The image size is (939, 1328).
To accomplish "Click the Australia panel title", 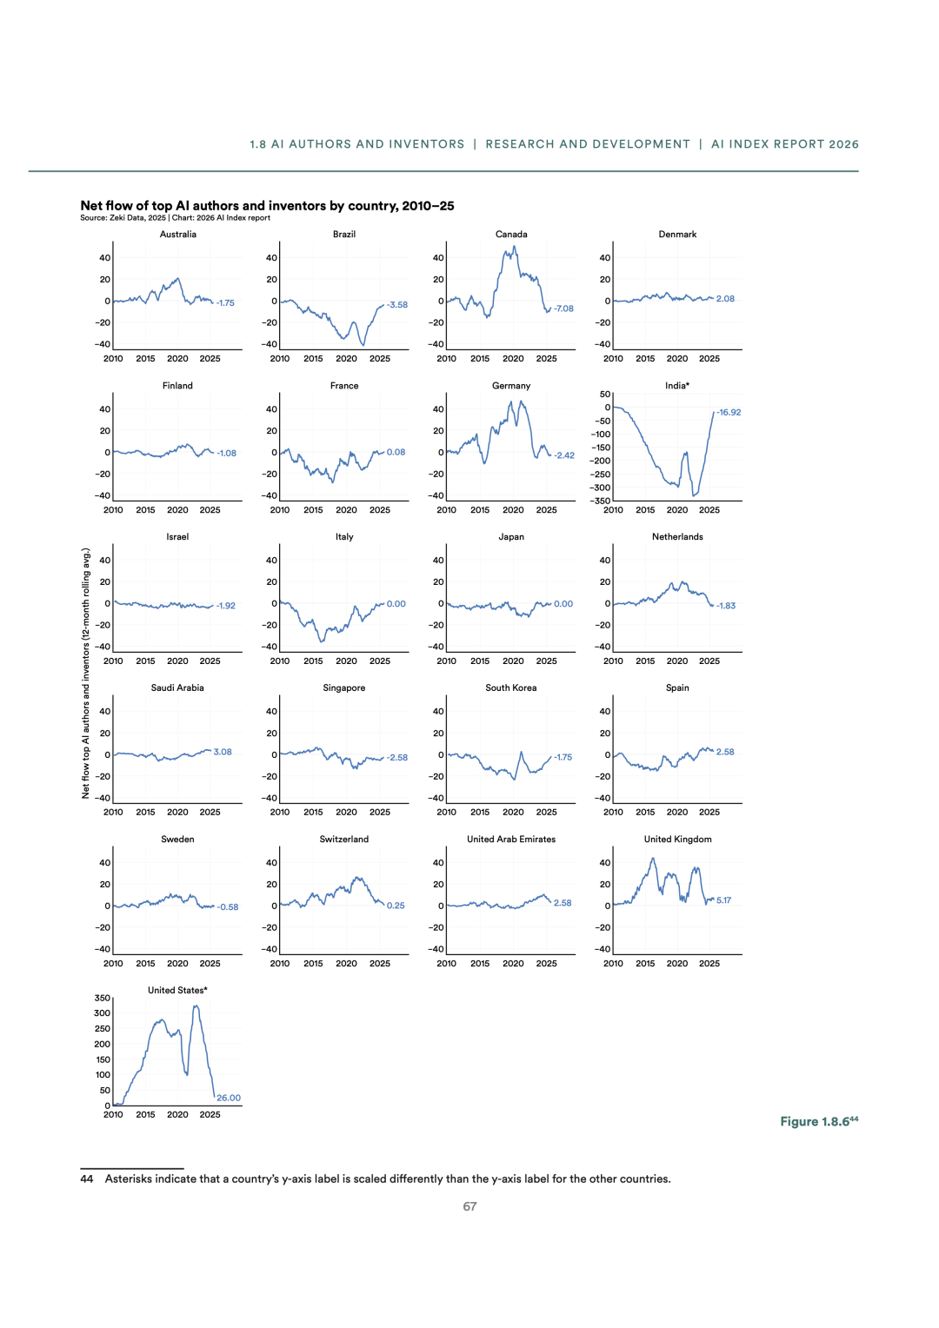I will pyautogui.click(x=178, y=235).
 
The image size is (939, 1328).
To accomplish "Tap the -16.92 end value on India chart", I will pyautogui.click(x=729, y=413).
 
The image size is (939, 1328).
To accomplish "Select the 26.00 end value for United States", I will pyautogui.click(x=229, y=1099).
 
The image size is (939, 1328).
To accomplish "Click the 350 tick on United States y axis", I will pyautogui.click(x=103, y=999).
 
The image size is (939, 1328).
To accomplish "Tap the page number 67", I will pyautogui.click(x=469, y=1207).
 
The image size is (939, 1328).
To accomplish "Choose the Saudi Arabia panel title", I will pyautogui.click(x=177, y=688).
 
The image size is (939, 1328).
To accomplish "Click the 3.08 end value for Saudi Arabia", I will pyautogui.click(x=223, y=753).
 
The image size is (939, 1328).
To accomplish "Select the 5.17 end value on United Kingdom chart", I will pyautogui.click(x=723, y=900).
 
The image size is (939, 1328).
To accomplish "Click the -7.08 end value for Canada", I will pyautogui.click(x=563, y=309).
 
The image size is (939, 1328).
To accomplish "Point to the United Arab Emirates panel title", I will pyautogui.click(x=511, y=840).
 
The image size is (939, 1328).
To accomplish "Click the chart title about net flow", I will pyautogui.click(x=267, y=206).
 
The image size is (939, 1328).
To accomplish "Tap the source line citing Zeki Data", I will pyautogui.click(x=175, y=218).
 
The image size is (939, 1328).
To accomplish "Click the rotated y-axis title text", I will pyautogui.click(x=86, y=673).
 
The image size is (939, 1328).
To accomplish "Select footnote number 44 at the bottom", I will pyautogui.click(x=87, y=1179).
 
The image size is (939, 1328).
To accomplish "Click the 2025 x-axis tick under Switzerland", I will pyautogui.click(x=380, y=964).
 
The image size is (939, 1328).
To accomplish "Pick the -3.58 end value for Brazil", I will pyautogui.click(x=397, y=305).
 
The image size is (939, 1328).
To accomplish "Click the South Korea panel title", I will pyautogui.click(x=511, y=688).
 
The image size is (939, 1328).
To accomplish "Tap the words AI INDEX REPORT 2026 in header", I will pyautogui.click(x=784, y=144).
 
